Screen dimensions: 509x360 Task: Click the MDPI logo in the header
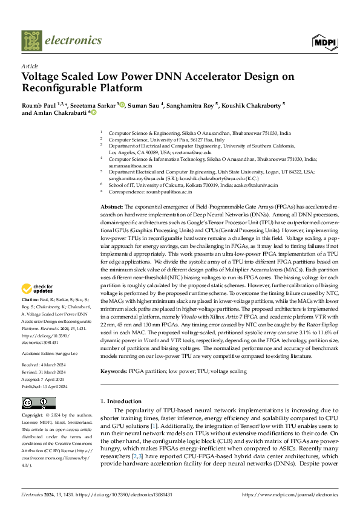325,41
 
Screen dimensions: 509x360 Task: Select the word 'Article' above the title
30,66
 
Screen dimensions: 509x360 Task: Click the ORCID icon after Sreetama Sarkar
122,104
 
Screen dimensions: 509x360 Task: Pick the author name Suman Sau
146,105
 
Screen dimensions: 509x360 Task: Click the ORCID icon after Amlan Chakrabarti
93,112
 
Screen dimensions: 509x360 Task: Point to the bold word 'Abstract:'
112,207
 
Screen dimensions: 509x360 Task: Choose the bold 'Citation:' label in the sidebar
30,299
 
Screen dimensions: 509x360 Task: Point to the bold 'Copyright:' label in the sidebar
33,416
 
